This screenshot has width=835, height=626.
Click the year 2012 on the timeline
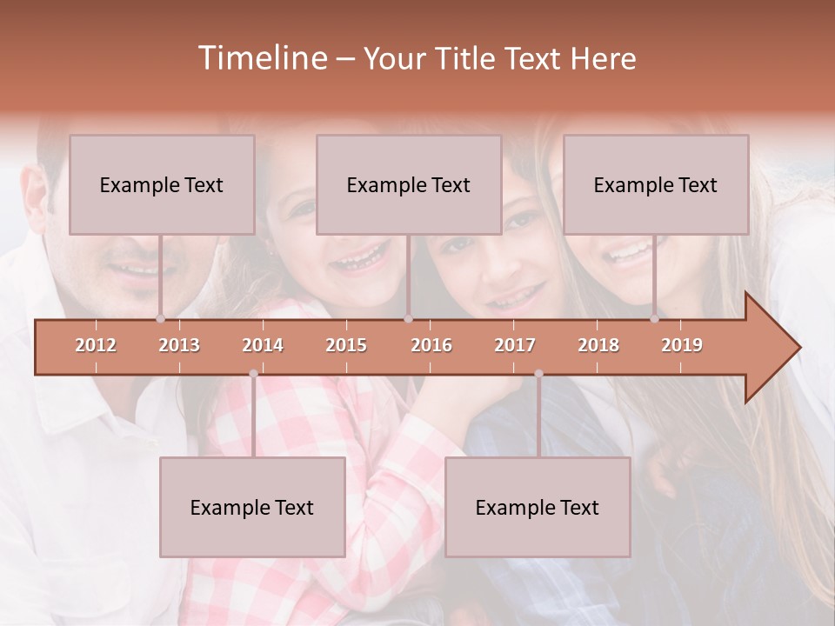point(96,345)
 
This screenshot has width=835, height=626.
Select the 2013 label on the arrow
point(179,345)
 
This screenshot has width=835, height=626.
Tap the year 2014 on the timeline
point(263,345)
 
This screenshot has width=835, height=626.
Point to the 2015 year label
point(346,345)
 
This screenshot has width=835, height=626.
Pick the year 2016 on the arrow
point(431,345)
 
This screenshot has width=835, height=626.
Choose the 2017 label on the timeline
point(515,345)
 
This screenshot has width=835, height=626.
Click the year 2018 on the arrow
point(598,345)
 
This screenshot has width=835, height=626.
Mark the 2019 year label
point(682,345)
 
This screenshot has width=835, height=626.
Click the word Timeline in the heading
point(261,58)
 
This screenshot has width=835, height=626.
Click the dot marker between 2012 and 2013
point(160,319)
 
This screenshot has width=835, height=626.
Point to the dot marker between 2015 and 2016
point(408,319)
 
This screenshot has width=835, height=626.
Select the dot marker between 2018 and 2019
point(654,319)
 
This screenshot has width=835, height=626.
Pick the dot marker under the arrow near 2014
point(253,374)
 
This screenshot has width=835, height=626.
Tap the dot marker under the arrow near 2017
point(538,374)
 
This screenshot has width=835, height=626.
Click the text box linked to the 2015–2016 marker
point(409,184)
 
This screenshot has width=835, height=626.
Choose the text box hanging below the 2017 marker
point(538,507)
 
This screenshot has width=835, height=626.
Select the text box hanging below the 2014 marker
point(252,507)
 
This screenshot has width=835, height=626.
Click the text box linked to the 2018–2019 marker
point(656,184)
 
